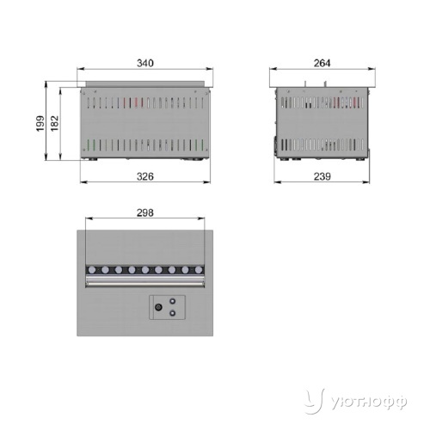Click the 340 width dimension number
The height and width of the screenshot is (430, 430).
click(x=145, y=63)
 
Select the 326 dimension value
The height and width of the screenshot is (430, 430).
click(x=145, y=176)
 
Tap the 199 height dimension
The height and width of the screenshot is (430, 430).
click(x=40, y=124)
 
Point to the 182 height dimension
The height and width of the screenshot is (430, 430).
click(x=54, y=124)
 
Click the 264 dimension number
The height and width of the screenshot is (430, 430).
click(x=322, y=63)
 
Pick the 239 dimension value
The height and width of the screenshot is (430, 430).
click(x=322, y=176)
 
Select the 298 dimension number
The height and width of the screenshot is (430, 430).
click(x=145, y=212)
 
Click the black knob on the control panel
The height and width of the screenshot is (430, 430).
click(x=158, y=307)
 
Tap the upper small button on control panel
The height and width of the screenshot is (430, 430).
click(x=173, y=301)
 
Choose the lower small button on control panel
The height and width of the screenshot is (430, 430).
click(x=172, y=313)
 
